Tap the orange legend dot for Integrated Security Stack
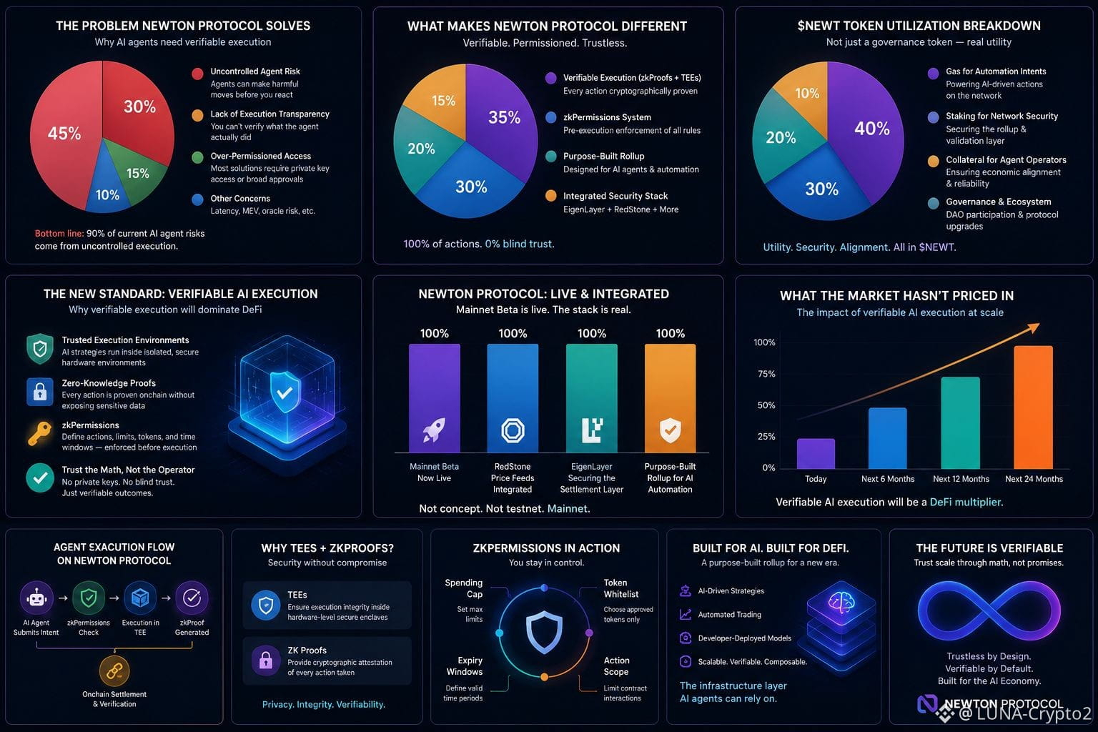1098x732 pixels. [551, 196]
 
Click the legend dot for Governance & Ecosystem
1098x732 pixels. [934, 203]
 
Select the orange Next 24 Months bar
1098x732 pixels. [1033, 407]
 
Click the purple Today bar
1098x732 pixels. [816, 453]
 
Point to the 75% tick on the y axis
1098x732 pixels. [766, 374]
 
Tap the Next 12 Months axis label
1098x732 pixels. [961, 479]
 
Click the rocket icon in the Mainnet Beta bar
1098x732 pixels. [434, 430]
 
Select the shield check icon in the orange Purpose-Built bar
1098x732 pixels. [670, 430]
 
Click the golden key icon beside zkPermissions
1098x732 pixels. [40, 433]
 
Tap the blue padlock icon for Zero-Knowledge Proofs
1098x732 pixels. [40, 391]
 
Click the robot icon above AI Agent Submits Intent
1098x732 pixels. [36, 598]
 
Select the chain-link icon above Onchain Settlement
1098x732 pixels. [114, 671]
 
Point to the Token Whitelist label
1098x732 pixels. [620, 588]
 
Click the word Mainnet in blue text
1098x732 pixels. [567, 508]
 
